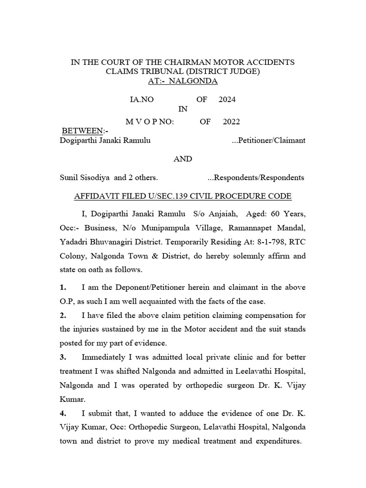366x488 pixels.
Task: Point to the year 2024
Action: pos(227,100)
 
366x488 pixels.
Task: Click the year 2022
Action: pos(231,122)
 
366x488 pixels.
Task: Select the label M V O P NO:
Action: pos(150,122)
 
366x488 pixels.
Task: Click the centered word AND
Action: pos(183,159)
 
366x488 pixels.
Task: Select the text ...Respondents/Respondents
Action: pos(256,177)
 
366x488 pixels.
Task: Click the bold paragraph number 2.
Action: pos(62,315)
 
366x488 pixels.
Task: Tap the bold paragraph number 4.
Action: pos(62,413)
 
